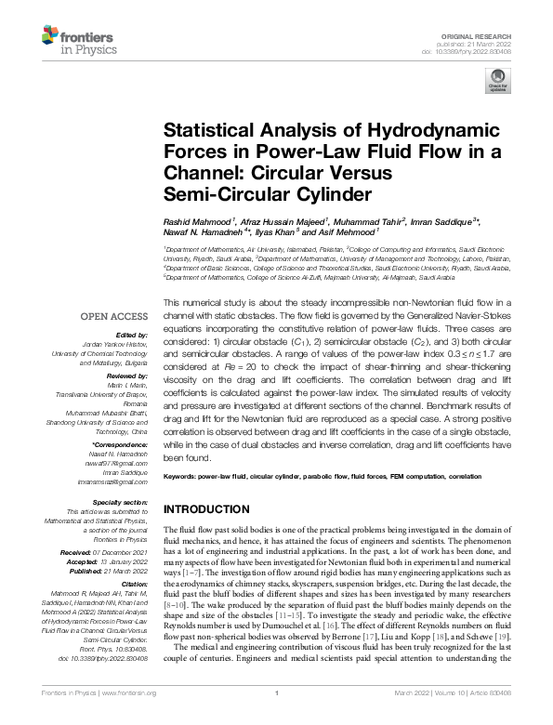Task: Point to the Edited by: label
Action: click(x=133, y=335)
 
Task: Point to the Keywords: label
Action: click(x=183, y=477)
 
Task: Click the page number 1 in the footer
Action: click(x=277, y=717)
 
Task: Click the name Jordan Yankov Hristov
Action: click(x=119, y=344)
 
